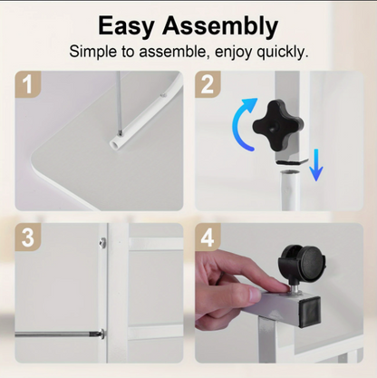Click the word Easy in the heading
click(126, 26)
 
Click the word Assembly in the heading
click(220, 26)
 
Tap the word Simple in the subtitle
click(93, 52)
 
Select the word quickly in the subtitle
click(283, 52)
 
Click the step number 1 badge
click(28, 84)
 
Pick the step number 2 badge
click(208, 84)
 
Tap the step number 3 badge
click(28, 237)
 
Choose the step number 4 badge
click(208, 237)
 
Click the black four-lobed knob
click(278, 126)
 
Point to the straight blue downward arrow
click(316, 165)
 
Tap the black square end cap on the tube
click(309, 312)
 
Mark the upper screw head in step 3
click(102, 241)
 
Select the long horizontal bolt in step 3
click(60, 334)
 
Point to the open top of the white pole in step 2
click(289, 172)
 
